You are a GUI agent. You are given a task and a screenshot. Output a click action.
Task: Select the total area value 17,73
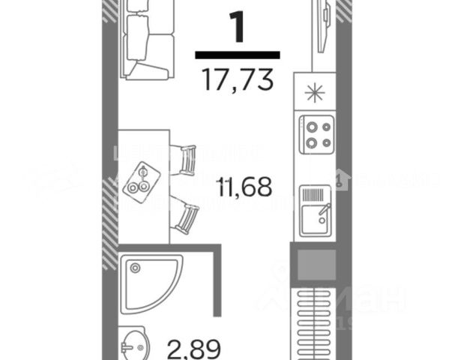[x=238, y=77]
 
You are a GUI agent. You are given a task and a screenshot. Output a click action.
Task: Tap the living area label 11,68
[x=244, y=186]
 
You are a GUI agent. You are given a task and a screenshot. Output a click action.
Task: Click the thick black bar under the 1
[x=238, y=55]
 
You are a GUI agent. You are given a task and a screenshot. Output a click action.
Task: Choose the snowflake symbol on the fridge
[x=316, y=93]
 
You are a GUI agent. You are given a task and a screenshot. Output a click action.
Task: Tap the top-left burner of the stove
[x=308, y=126]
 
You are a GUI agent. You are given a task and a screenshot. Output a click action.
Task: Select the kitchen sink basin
[x=313, y=222]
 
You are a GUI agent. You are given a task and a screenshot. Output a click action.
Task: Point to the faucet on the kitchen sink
[x=323, y=214]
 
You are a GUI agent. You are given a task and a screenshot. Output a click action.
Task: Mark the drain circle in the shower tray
[x=133, y=267]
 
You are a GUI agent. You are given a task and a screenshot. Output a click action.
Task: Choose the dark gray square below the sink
[x=314, y=264]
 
